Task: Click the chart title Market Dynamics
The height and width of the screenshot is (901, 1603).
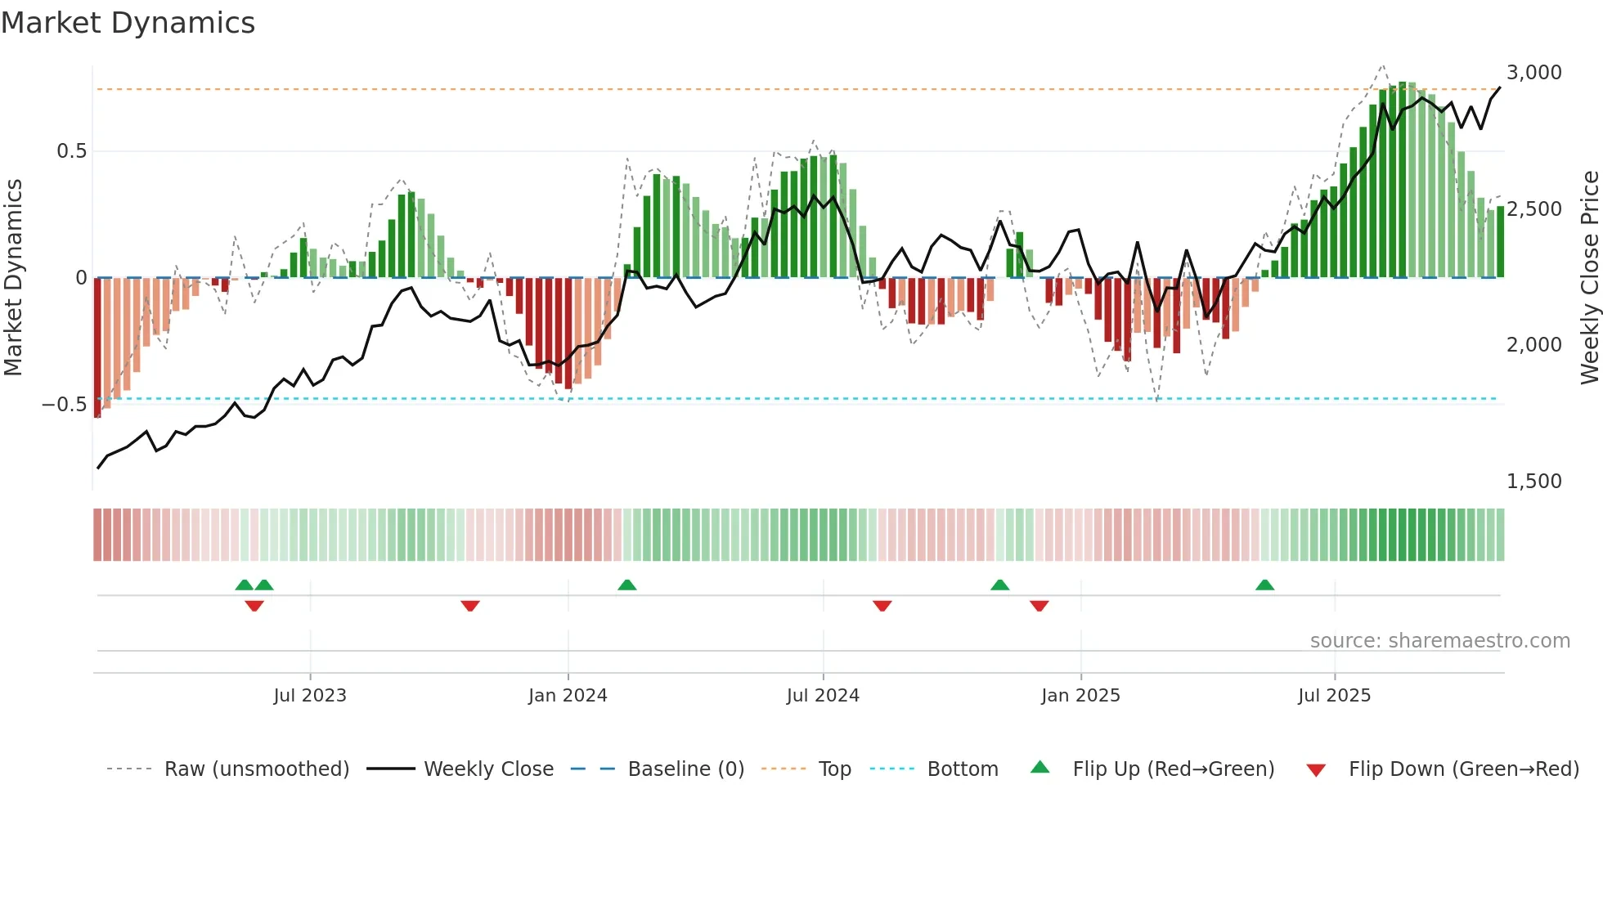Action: pyautogui.click(x=128, y=23)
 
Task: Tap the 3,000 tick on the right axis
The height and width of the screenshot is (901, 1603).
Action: pyautogui.click(x=1533, y=73)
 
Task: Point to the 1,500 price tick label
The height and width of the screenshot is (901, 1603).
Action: pyautogui.click(x=1533, y=482)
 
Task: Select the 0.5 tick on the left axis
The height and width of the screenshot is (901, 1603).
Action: pyautogui.click(x=71, y=151)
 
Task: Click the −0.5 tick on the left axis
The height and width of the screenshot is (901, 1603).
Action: pyautogui.click(x=65, y=405)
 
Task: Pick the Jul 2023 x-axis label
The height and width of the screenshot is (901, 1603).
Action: pyautogui.click(x=310, y=696)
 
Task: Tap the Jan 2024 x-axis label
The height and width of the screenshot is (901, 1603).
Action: pyautogui.click(x=568, y=696)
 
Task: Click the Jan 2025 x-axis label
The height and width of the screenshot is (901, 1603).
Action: pyautogui.click(x=1080, y=696)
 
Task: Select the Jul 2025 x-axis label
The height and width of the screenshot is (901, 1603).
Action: pyautogui.click(x=1334, y=696)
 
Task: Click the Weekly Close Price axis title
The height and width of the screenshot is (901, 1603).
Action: pyautogui.click(x=1589, y=278)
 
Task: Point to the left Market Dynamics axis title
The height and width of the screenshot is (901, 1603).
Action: pyautogui.click(x=13, y=278)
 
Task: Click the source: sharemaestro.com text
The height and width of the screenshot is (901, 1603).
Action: pyautogui.click(x=1439, y=641)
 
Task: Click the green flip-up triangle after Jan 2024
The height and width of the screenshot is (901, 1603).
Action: pyautogui.click(x=627, y=585)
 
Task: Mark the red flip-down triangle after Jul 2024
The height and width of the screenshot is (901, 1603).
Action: pyautogui.click(x=882, y=606)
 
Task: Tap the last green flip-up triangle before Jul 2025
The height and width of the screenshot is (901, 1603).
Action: pyautogui.click(x=1264, y=585)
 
